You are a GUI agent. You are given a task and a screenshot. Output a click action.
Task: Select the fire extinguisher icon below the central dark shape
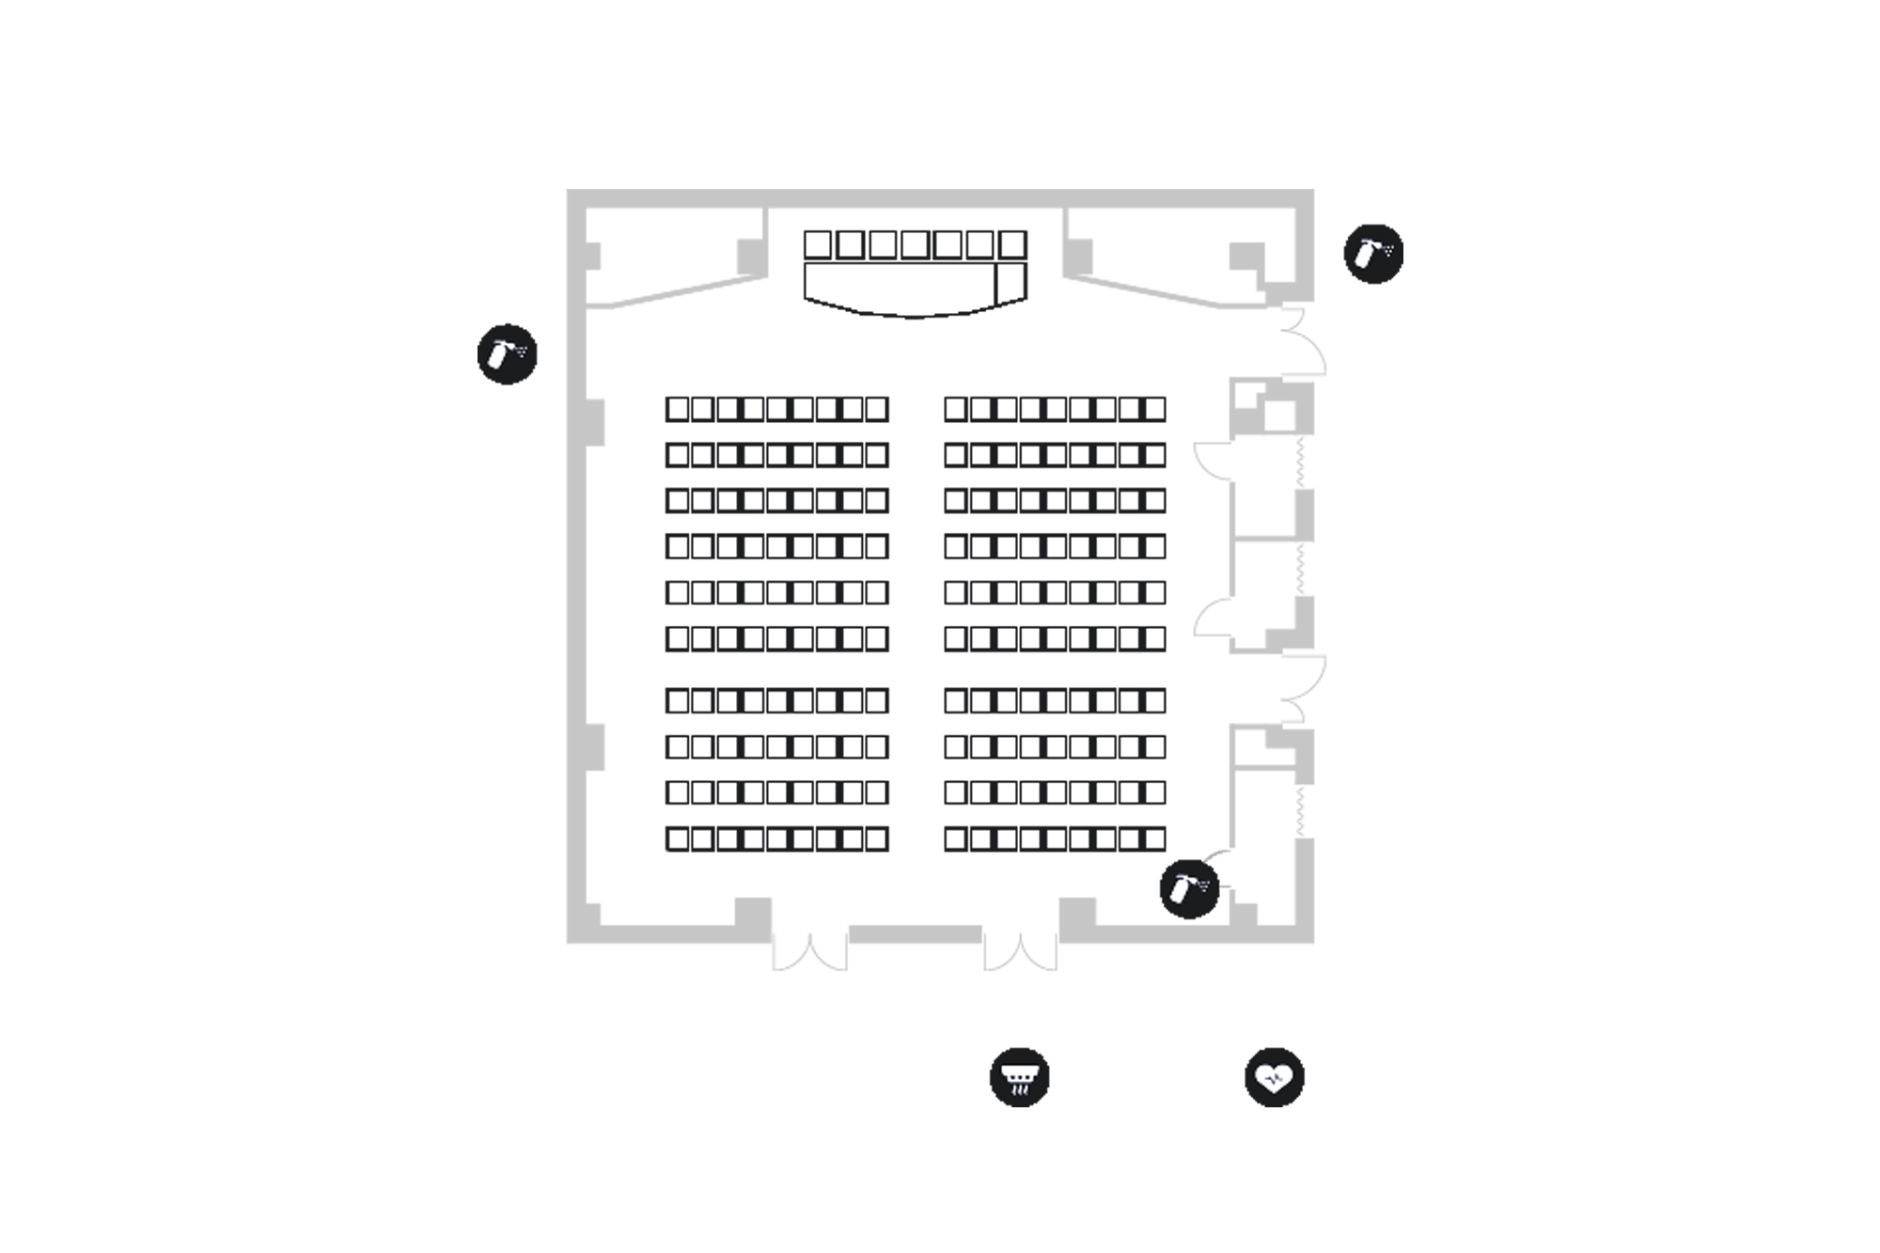(1183, 886)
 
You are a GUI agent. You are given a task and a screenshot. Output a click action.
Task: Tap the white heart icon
(1274, 1077)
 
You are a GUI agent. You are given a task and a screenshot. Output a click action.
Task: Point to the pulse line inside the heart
(1274, 1079)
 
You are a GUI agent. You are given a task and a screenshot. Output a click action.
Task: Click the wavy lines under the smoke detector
(1016, 1089)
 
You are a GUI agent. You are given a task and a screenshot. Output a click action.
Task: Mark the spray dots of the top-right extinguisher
(1386, 250)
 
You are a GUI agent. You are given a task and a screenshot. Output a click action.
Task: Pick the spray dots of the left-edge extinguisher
(519, 351)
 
